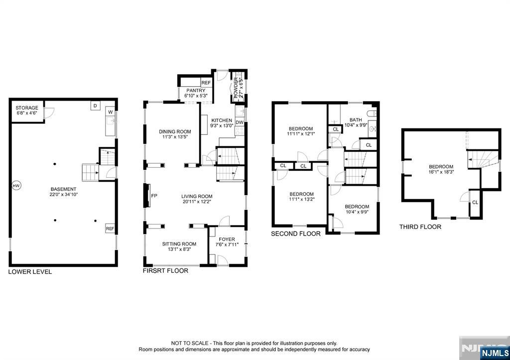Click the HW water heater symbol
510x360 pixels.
[x=16, y=186]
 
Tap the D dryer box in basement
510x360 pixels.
[x=95, y=106]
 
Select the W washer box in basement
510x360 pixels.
[x=110, y=112]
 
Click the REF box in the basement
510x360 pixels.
[x=110, y=229]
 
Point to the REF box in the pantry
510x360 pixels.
[x=206, y=83]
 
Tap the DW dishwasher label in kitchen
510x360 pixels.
[x=240, y=122]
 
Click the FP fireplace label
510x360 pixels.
[x=154, y=196]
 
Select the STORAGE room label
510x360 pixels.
[x=27, y=108]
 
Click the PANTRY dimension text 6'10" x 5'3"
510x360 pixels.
[x=196, y=96]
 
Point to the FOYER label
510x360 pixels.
[x=227, y=240]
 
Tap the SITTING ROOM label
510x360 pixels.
[x=179, y=244]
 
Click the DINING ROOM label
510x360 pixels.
[x=175, y=132]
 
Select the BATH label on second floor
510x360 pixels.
[x=356, y=120]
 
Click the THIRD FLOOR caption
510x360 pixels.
[x=420, y=227]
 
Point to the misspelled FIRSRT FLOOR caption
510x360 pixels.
[x=165, y=270]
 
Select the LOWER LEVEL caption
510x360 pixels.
[x=30, y=272]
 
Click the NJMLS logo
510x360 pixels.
[x=495, y=353]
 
